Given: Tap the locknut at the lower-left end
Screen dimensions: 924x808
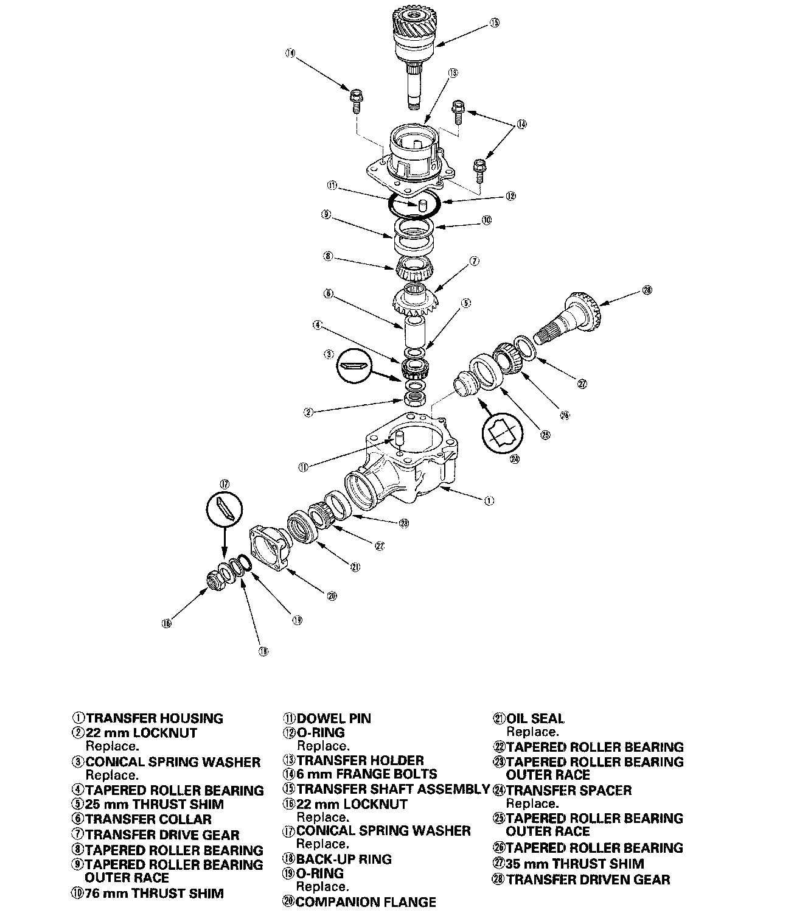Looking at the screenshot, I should point(215,581).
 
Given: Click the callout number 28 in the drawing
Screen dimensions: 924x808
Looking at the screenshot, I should point(647,290).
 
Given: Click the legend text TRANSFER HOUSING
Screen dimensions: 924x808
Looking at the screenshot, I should point(154,719).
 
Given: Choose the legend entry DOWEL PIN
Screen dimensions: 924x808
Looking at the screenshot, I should point(333,719).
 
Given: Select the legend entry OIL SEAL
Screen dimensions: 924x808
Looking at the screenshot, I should point(535,719).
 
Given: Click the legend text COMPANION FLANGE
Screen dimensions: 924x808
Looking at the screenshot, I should point(366,902).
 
